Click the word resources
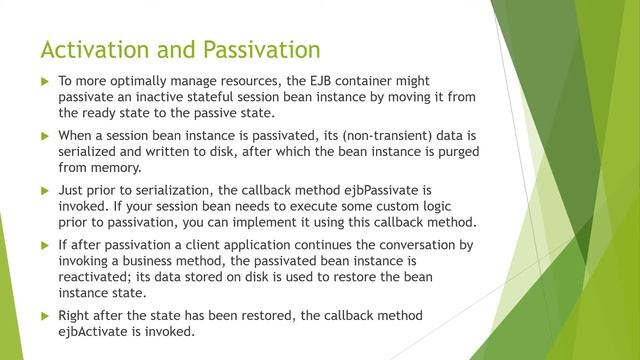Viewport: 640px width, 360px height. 257,79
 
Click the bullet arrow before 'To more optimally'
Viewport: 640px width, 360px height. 44,80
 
